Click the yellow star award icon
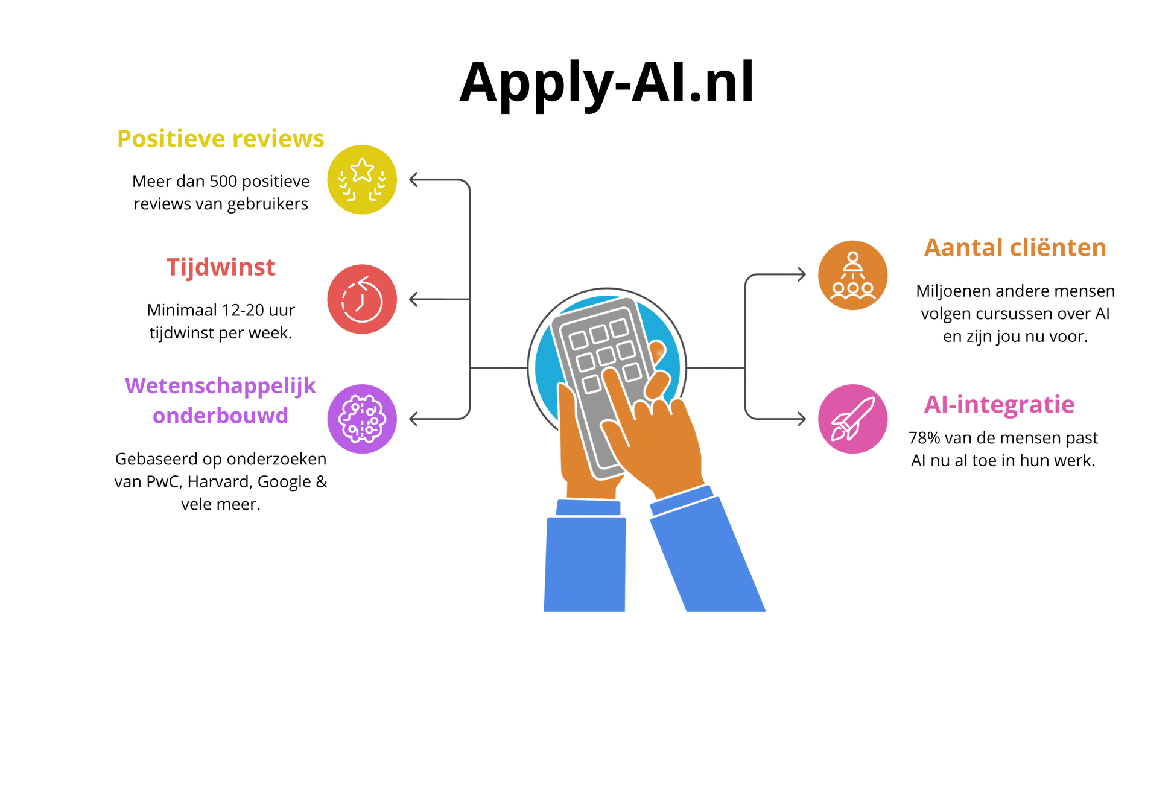362,179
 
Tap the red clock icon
362,299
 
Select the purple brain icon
362,418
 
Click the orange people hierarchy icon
852,275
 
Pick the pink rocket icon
852,418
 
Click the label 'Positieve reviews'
220,139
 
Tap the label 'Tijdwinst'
221,267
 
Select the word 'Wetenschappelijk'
220,386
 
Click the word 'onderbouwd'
220,416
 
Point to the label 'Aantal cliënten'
1015,248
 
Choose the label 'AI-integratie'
999,405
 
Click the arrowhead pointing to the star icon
413,179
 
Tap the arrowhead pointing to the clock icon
413,299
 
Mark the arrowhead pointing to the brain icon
413,418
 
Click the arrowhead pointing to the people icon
802,274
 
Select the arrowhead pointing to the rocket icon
802,418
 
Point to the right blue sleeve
706,555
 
